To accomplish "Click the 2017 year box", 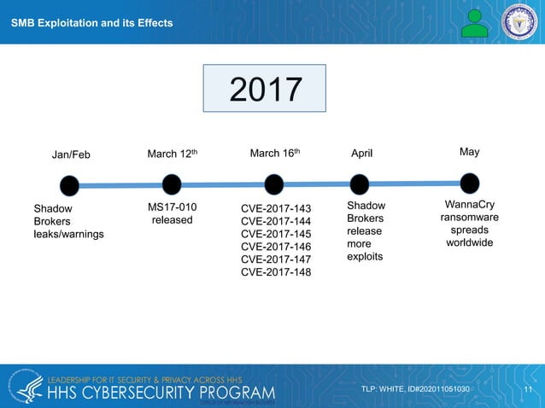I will [264, 88].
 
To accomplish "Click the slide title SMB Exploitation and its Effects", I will [91, 22].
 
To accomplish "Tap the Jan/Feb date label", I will [71, 154].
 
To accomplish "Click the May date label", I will [469, 152].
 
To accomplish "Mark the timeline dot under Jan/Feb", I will [69, 185].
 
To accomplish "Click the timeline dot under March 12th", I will [172, 184].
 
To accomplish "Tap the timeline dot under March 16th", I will [274, 184].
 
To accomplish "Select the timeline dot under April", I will [360, 184].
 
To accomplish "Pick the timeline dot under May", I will [469, 183].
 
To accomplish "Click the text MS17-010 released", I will [173, 213].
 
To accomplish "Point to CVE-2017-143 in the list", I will [276, 208].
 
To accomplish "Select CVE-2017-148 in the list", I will [276, 272].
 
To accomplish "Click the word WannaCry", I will [470, 206].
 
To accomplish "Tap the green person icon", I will [474, 22].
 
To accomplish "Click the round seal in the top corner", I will [520, 21].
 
